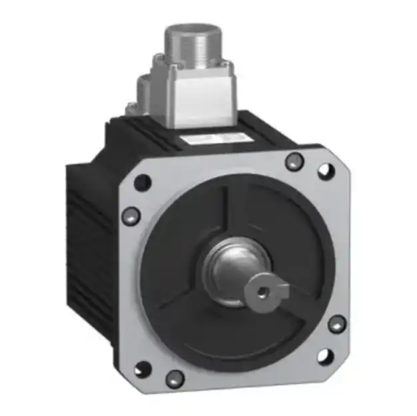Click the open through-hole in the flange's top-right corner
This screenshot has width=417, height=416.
[x=326, y=171]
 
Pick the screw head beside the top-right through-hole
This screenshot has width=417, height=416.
[x=294, y=161]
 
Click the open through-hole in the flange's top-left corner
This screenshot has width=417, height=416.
[x=141, y=182]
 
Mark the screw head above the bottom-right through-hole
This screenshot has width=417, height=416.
[x=337, y=325]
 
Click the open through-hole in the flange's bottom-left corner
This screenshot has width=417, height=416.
[x=141, y=369]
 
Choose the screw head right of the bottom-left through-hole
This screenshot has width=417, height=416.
[x=175, y=378]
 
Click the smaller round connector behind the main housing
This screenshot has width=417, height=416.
[x=147, y=90]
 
